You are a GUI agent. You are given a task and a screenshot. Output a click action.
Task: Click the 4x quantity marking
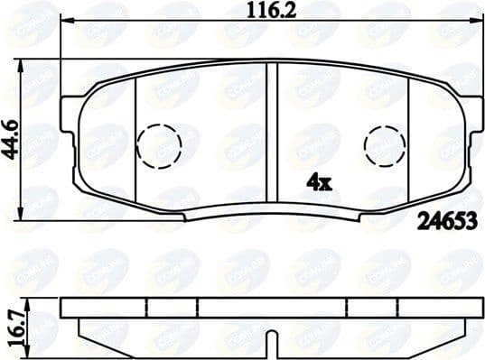coord(320,181)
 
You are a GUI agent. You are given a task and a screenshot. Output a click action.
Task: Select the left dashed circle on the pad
coord(159,143)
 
